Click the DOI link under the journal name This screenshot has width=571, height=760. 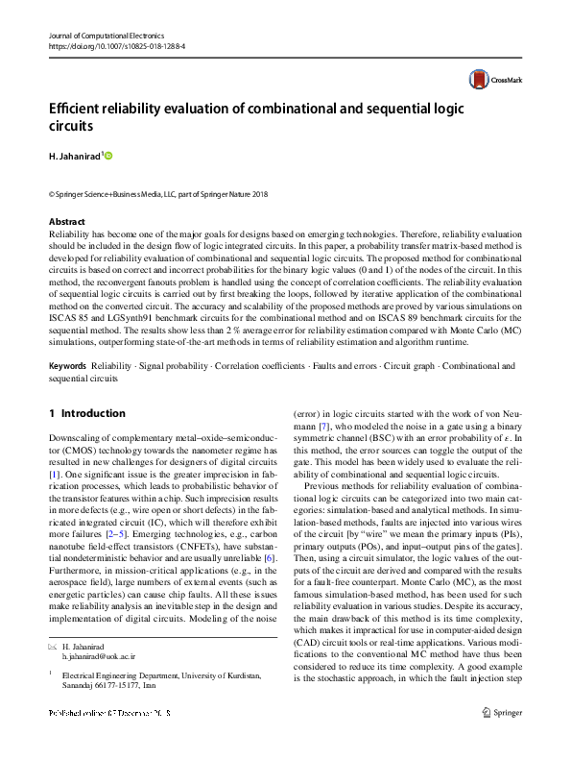click(x=116, y=45)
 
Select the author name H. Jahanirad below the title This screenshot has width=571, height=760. click(x=74, y=156)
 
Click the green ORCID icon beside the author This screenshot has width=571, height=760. click(x=108, y=155)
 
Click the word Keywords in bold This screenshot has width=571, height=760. click(x=66, y=366)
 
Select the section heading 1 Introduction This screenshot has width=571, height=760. click(x=86, y=413)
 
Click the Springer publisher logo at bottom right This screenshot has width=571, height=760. click(x=503, y=738)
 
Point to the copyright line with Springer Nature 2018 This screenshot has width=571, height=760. click(x=158, y=194)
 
